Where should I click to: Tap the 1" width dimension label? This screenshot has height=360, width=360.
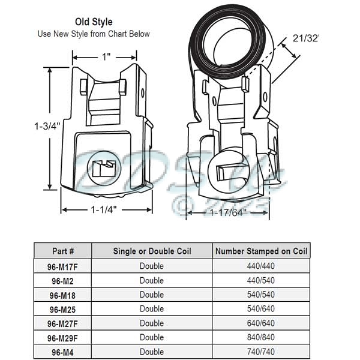(x=106, y=57)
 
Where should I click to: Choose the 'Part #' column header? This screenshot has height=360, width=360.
(x=62, y=251)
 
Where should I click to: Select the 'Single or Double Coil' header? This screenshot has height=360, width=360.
(x=152, y=251)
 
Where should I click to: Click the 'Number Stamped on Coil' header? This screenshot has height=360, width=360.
(x=261, y=251)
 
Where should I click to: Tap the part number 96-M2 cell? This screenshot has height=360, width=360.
(x=62, y=280)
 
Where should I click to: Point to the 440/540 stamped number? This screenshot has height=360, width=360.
(x=261, y=280)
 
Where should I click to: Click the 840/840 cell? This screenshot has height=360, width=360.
(x=261, y=338)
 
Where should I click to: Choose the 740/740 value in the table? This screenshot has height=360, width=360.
(x=261, y=352)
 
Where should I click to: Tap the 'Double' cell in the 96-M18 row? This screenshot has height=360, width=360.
(x=152, y=295)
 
